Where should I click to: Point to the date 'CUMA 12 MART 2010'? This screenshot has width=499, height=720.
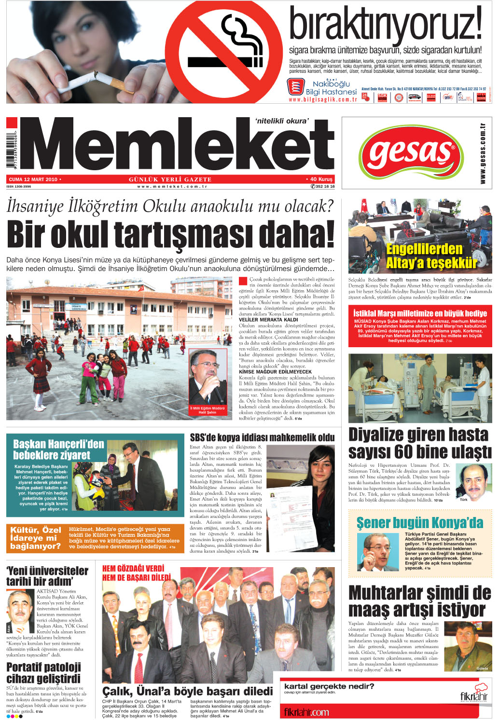tap(33, 179)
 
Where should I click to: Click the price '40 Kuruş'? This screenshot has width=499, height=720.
tap(320, 179)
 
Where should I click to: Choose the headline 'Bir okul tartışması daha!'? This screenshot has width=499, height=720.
tap(170, 235)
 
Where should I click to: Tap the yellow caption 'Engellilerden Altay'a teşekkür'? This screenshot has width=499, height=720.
tap(424, 256)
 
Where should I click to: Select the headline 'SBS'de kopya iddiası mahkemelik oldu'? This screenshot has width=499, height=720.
tap(262, 438)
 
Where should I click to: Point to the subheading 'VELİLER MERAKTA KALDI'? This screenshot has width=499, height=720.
tap(268, 320)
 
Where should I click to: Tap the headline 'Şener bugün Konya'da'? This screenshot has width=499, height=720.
tap(419, 523)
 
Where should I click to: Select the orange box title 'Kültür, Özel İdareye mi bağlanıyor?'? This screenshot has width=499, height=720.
tap(36, 538)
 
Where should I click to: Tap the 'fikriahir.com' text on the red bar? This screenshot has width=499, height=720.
tap(306, 712)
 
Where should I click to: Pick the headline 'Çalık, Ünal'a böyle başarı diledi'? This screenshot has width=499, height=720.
tap(187, 691)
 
